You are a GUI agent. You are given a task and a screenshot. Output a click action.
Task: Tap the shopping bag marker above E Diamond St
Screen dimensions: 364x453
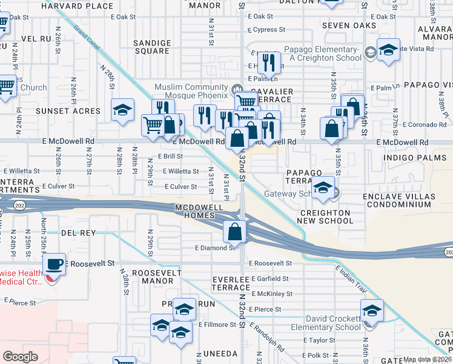pyautogui.click(x=235, y=231)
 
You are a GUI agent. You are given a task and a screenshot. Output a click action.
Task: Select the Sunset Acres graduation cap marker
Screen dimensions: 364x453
pyautogui.click(x=123, y=110)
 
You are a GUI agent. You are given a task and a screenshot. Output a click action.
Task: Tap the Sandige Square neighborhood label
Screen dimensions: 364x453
pyautogui.click(x=152, y=47)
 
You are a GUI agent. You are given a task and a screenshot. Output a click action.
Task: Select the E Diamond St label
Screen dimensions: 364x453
pyautogui.click(x=214, y=248)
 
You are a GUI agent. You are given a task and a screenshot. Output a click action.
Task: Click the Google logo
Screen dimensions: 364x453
pyautogui.click(x=20, y=357)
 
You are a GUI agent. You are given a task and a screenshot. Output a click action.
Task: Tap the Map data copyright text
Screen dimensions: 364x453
pyautogui.click(x=428, y=359)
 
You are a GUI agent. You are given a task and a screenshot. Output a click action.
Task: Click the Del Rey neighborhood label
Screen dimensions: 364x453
pyautogui.click(x=79, y=233)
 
